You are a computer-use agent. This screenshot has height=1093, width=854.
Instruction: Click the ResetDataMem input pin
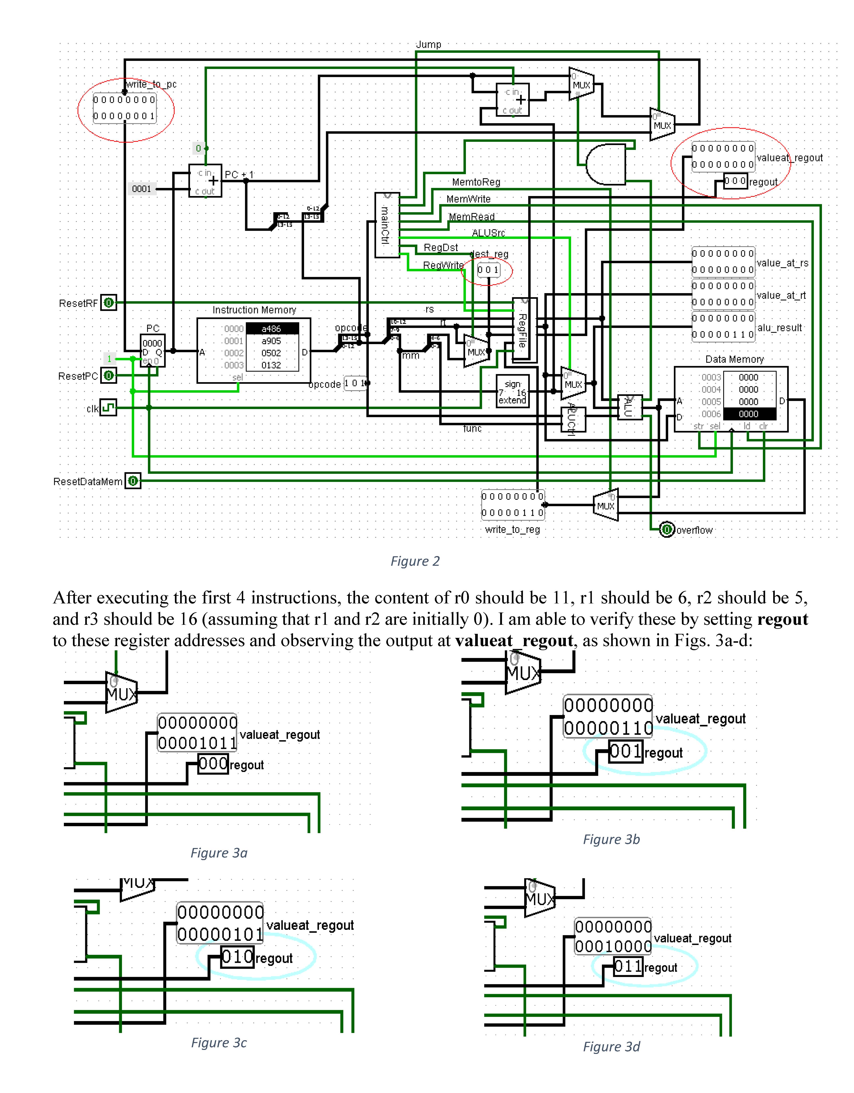point(133,482)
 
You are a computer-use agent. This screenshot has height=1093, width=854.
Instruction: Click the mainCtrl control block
point(387,225)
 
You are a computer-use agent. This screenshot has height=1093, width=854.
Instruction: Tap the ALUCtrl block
point(573,419)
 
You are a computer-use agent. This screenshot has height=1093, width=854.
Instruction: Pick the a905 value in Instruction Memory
point(271,341)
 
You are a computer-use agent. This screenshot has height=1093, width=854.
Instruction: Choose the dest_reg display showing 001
point(488,270)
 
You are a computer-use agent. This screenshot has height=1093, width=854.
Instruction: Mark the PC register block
point(152,351)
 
